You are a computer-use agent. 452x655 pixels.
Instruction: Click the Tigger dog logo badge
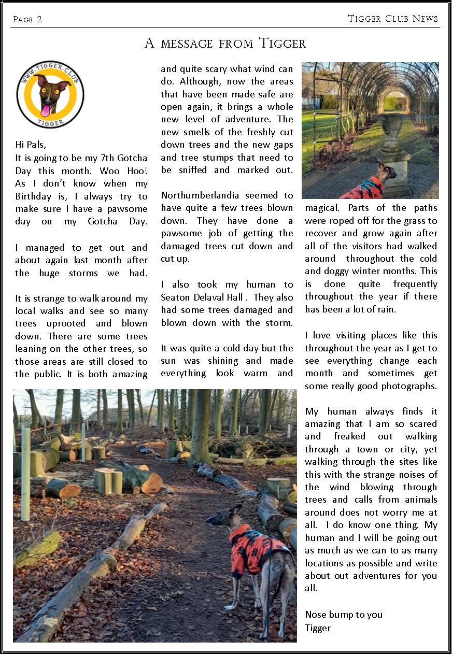(x=50, y=94)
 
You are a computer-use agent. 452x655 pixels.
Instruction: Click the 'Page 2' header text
(x=27, y=20)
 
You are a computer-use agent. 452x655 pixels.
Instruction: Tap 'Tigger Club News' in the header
(x=393, y=19)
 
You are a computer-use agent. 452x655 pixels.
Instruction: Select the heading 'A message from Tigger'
(x=225, y=44)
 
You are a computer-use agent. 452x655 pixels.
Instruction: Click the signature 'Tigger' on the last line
(x=318, y=628)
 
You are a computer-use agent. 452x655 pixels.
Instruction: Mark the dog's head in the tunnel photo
(x=387, y=172)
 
